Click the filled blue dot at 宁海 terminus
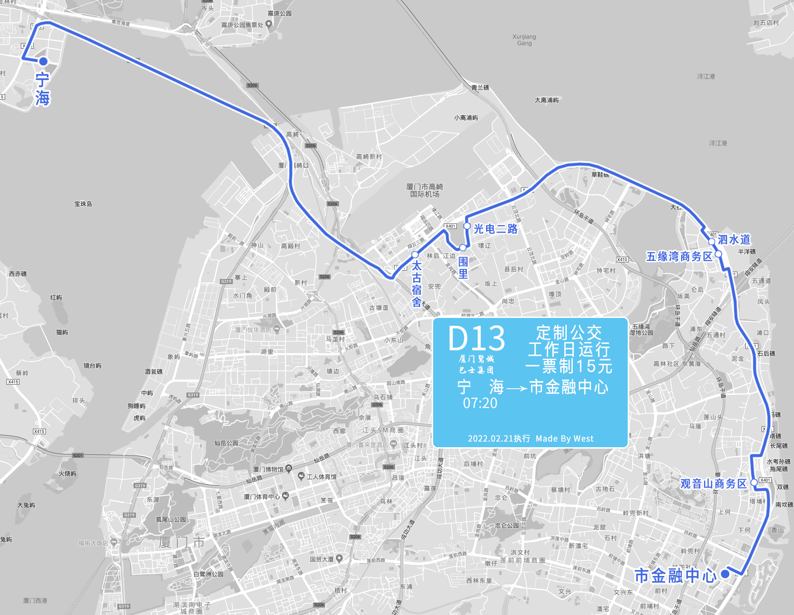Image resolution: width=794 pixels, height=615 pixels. point(43,61)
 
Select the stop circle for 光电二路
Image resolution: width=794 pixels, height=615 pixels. point(467,226)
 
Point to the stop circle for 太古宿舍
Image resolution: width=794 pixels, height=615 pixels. point(415,255)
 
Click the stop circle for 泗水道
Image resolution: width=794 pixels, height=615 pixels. point(712,241)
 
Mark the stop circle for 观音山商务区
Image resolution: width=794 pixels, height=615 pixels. point(754,482)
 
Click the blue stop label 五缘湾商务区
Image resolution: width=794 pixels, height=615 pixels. point(679,256)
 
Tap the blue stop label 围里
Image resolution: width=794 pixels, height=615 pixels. point(463,267)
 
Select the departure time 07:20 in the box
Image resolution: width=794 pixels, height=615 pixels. point(480,403)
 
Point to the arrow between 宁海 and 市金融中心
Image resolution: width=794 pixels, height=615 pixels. point(517,388)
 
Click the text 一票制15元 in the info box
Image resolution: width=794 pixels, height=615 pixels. point(569,366)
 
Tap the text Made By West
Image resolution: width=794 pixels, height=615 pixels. point(564,438)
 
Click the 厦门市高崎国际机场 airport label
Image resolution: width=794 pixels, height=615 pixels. point(424,190)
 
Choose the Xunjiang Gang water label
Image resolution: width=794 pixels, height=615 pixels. point(524,40)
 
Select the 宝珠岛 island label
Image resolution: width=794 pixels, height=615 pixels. point(83,204)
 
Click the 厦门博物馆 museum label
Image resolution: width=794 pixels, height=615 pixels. point(268,469)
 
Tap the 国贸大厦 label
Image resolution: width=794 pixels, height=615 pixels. point(322,559)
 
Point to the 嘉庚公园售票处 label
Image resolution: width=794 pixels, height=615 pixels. point(242,25)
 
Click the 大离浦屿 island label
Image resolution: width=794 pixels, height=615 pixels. point(546,100)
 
